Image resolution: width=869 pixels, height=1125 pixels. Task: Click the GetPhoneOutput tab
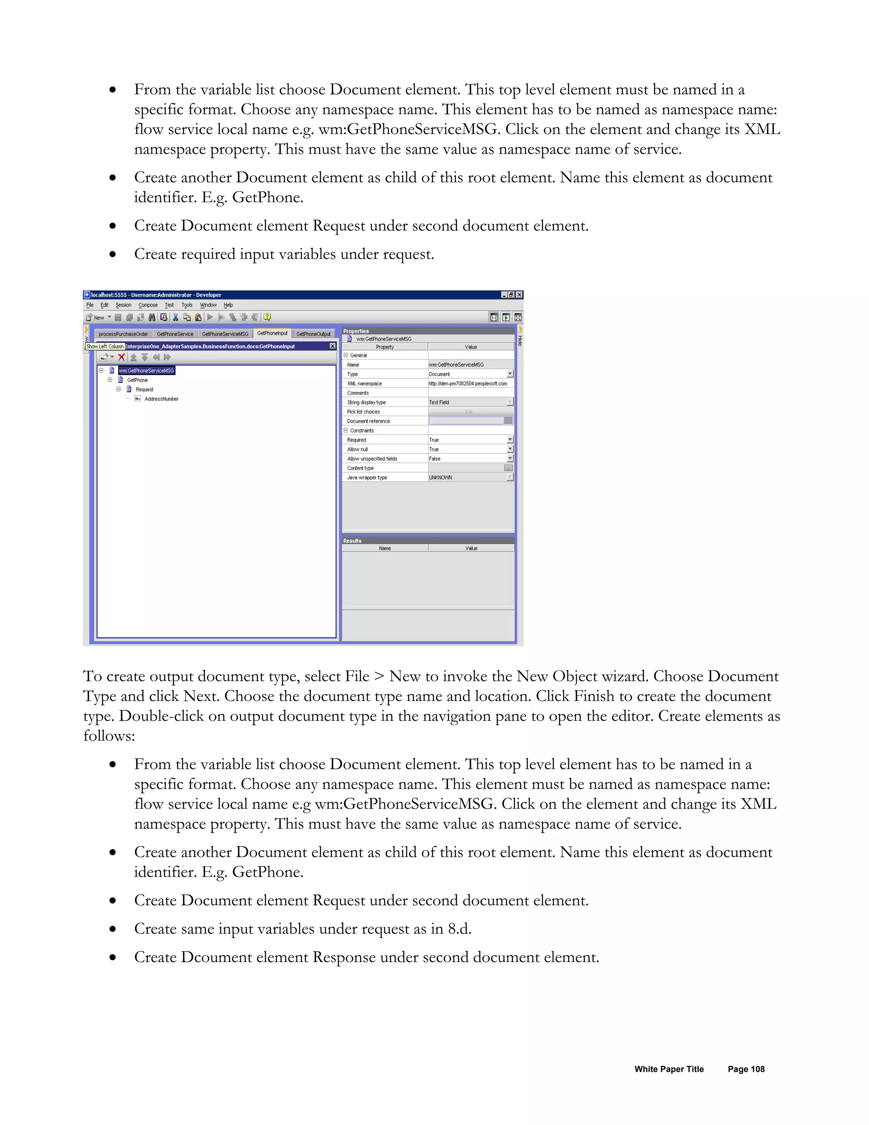click(313, 334)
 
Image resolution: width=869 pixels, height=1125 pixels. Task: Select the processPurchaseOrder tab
click(123, 334)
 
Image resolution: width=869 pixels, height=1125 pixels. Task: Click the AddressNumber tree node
click(161, 399)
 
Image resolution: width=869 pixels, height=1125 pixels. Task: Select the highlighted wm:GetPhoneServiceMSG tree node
click(147, 370)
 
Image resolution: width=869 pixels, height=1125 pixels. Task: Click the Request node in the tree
click(144, 389)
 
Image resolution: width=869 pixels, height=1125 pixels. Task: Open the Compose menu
click(148, 305)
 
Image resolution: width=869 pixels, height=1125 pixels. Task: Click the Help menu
click(228, 305)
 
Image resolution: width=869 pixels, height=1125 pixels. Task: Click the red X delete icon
click(121, 357)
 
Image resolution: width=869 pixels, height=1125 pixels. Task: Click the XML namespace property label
click(364, 384)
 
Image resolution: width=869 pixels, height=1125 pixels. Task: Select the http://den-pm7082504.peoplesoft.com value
click(468, 384)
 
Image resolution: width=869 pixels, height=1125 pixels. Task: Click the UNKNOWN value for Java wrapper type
click(441, 478)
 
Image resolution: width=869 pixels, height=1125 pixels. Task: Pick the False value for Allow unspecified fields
click(435, 459)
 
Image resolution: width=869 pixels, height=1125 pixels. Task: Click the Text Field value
click(439, 402)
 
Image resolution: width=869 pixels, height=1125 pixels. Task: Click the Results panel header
click(353, 541)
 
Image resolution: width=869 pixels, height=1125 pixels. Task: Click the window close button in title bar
click(519, 295)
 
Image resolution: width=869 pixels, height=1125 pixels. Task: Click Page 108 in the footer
click(746, 1069)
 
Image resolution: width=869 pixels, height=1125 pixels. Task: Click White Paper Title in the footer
click(669, 1069)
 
